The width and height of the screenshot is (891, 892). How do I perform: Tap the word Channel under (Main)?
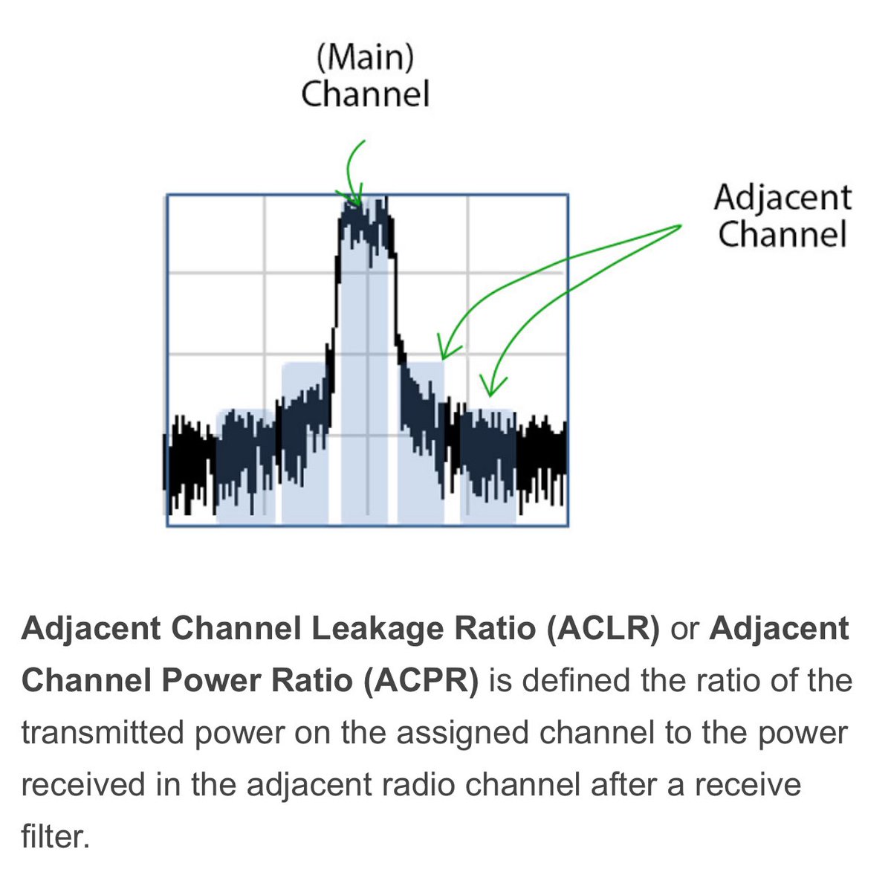tap(366, 95)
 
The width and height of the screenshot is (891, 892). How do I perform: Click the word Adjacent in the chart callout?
tap(783, 198)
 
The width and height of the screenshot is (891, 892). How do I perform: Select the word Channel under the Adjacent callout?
tap(783, 235)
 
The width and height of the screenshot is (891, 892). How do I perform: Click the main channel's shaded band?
tap(364, 372)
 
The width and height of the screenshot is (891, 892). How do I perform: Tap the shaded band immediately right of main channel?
tap(421, 446)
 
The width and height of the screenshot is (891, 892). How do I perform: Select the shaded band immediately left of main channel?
tap(305, 446)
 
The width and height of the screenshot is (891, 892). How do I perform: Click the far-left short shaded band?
tap(245, 468)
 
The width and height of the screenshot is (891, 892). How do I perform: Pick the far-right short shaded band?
tap(488, 468)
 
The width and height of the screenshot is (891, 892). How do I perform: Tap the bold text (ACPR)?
tap(421, 681)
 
